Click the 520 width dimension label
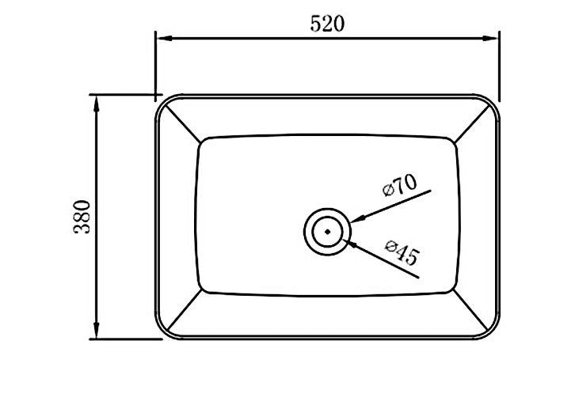pos(327,24)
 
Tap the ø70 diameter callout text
pos(398,187)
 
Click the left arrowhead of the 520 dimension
pos(160,36)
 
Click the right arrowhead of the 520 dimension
pos(493,36)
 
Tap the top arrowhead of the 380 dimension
pos(97,100)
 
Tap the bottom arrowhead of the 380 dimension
pos(97,334)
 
